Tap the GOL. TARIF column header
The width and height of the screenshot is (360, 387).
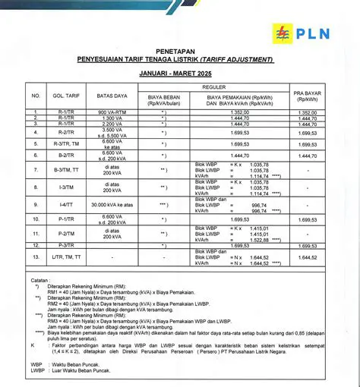point(67,96)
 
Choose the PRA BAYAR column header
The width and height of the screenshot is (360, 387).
point(307,96)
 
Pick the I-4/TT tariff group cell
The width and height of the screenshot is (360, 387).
point(67,205)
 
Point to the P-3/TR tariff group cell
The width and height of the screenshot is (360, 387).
point(67,246)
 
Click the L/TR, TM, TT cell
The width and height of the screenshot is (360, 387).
point(67,258)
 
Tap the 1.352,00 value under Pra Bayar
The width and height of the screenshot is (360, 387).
point(307,112)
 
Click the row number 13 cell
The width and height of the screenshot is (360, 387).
point(35,258)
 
